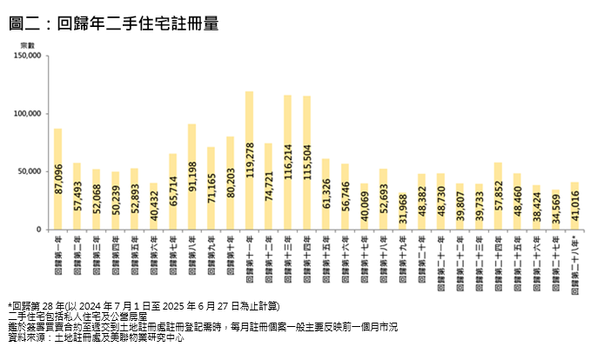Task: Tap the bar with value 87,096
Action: click(x=57, y=179)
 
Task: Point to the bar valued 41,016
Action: click(x=574, y=206)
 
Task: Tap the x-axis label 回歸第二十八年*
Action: click(x=574, y=264)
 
